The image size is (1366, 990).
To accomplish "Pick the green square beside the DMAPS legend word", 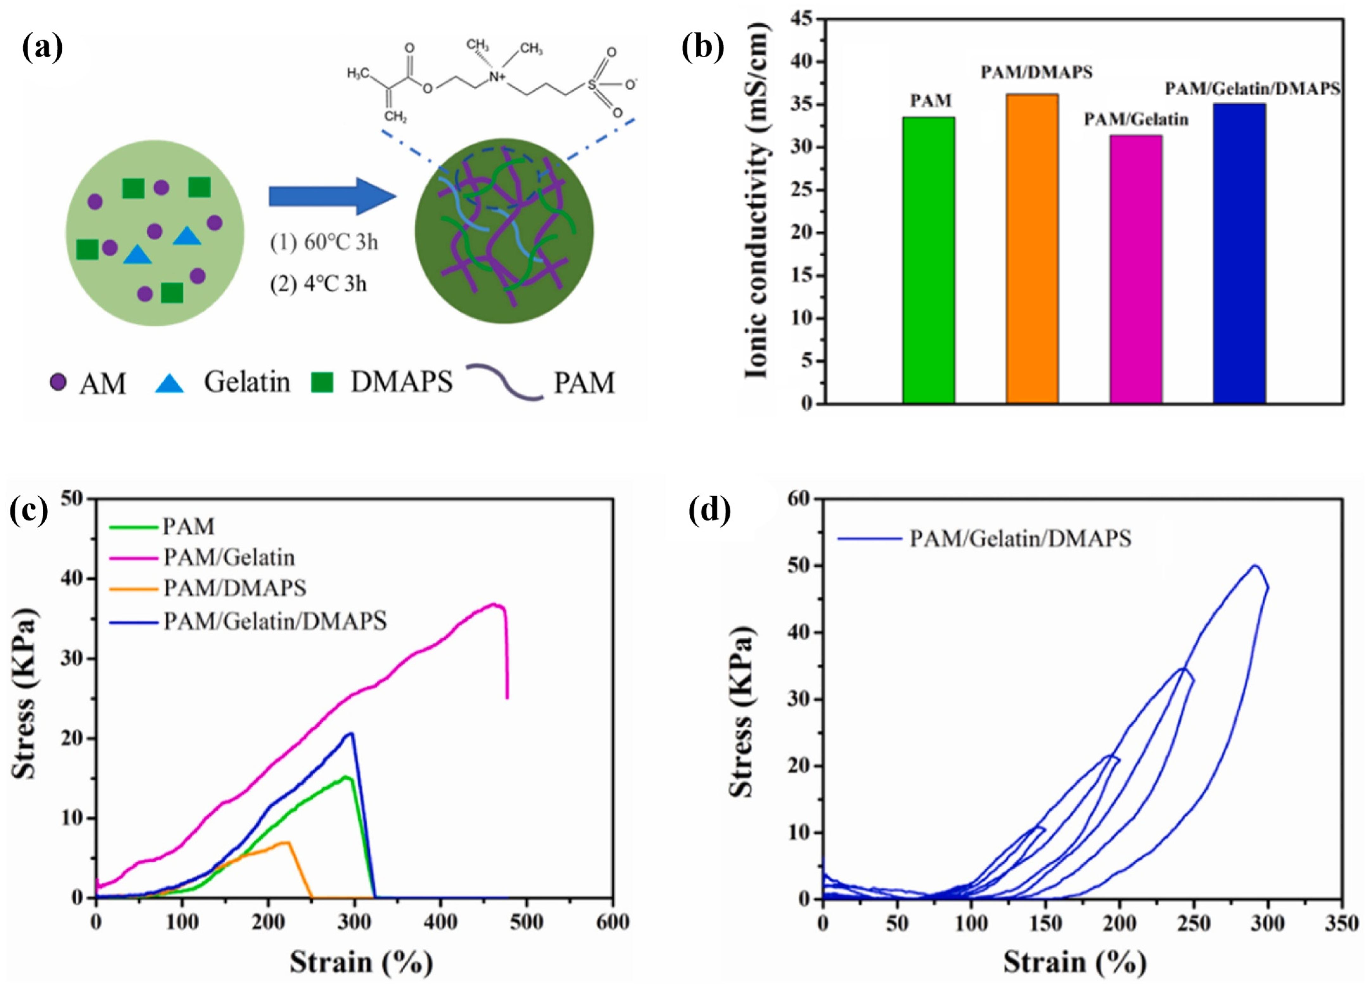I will (x=322, y=382).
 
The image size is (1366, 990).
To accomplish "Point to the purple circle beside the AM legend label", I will (x=58, y=382).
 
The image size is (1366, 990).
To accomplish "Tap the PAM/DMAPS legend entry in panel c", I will (x=235, y=588).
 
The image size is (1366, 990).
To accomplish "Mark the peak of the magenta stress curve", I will (x=494, y=604).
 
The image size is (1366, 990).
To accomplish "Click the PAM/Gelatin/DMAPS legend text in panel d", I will (x=1020, y=538).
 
